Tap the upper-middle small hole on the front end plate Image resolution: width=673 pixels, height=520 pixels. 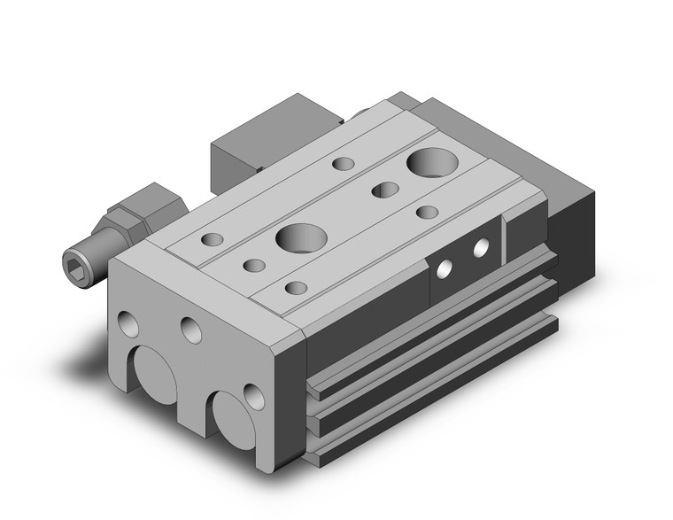pos(191,330)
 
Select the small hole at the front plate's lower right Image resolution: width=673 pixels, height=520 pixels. pos(254,395)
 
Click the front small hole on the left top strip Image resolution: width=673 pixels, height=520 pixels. pos(213,239)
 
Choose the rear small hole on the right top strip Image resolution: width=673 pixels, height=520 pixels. pos(429,213)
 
